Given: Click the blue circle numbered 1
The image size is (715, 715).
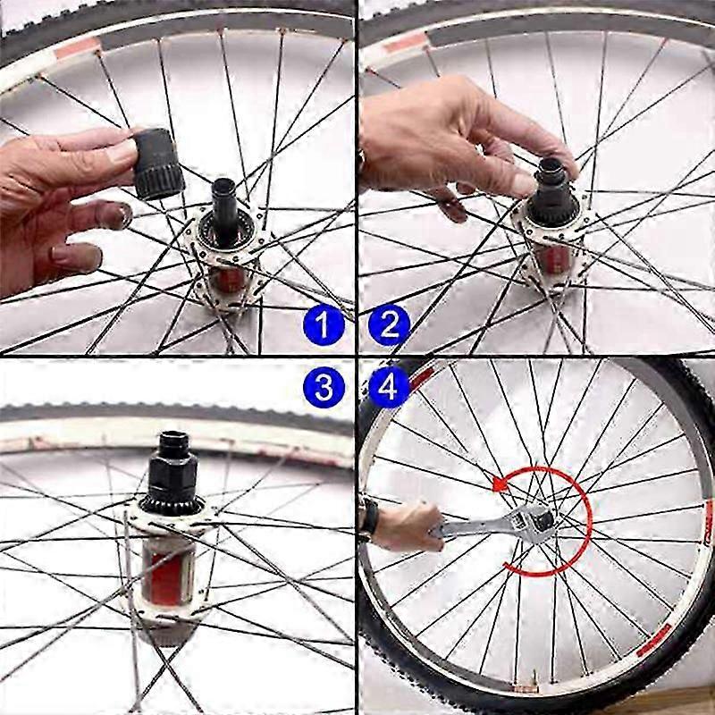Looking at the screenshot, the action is point(324,325).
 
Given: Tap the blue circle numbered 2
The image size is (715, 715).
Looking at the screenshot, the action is point(389,325).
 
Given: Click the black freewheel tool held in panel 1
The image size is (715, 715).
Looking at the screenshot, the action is point(158,164).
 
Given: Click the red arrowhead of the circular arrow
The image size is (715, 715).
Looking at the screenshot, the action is point(500,484).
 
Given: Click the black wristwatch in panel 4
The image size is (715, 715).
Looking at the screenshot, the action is point(369,517).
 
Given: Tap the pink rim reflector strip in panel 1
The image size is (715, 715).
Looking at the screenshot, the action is point(78,47).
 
